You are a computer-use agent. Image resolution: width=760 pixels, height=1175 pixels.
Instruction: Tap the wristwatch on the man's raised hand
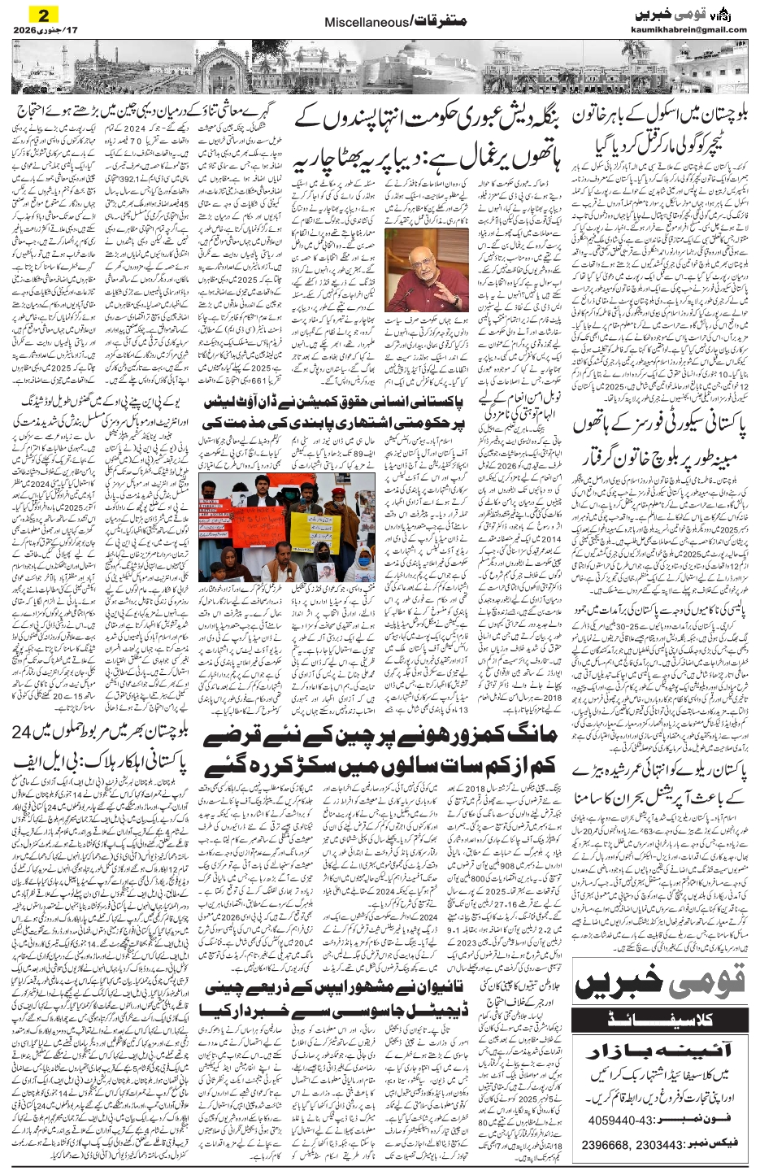click(456, 300)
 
